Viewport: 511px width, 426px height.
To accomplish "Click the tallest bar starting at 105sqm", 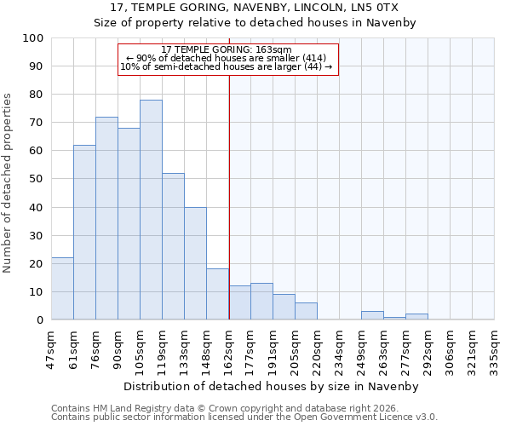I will (151, 210).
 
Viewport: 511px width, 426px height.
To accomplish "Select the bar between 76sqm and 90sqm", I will (106, 218).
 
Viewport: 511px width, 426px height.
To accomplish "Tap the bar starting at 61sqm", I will (84, 232).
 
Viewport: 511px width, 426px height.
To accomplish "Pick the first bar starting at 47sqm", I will (62, 289).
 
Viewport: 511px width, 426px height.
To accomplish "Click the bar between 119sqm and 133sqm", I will (173, 246).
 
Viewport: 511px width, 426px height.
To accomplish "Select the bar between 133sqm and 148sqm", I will (195, 263).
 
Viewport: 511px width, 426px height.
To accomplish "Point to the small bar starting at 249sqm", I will (372, 315).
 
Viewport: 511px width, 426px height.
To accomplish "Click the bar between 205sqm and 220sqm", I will (306, 311).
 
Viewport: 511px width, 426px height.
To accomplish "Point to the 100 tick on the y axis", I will (33, 38).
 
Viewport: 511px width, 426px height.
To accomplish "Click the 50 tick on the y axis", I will (37, 179).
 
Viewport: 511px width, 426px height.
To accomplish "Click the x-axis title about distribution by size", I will (272, 386).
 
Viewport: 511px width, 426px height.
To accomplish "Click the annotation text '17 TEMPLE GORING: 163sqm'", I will (227, 49).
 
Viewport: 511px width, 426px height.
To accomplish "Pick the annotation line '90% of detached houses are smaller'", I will (227, 58).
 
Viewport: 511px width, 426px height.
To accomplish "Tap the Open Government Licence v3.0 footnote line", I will (244, 417).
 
